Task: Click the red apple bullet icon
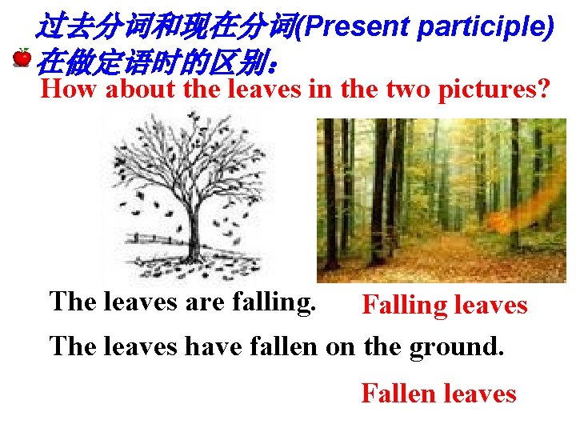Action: tap(22, 58)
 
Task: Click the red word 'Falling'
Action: tap(405, 306)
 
